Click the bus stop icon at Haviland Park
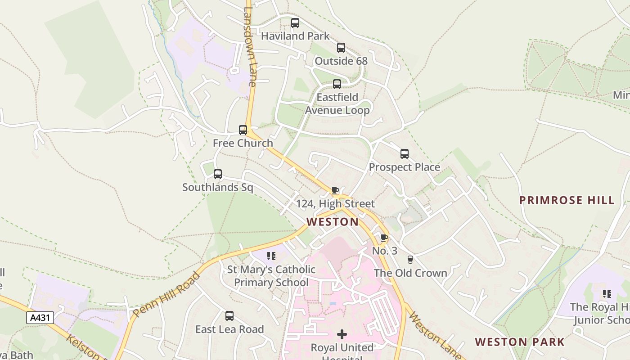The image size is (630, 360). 295,23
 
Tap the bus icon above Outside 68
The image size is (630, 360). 341,48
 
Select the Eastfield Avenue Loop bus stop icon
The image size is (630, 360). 337,84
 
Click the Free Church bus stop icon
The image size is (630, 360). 243,130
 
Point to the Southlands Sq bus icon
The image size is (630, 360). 218,174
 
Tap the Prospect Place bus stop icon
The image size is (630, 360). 405,154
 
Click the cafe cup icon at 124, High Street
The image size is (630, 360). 335,191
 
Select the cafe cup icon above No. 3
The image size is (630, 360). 384,238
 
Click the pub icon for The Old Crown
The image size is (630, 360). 410,260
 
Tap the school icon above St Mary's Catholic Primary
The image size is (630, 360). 271,256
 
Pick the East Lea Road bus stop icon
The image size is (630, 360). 229,316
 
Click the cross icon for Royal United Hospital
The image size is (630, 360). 342,334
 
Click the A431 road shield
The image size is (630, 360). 40,318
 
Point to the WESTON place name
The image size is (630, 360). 333,222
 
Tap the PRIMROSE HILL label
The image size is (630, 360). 567,200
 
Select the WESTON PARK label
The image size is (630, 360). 520,342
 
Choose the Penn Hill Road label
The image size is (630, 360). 166,295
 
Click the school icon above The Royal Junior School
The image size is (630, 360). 607,294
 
